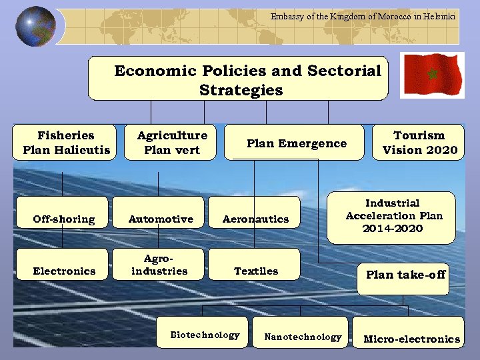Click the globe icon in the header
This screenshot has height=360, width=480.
coord(35,27)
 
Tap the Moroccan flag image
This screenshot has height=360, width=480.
coord(431,74)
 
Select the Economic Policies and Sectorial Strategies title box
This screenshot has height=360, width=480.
coord(238,79)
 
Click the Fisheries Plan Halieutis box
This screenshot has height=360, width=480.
coord(65,143)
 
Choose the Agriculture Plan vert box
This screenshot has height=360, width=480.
coord(172,143)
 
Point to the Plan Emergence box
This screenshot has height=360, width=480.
coord(295,143)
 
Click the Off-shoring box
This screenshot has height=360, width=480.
coord(63,219)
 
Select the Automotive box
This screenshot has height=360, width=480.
coord(160,219)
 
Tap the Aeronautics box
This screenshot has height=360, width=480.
coord(255,219)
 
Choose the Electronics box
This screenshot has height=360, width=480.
coord(63,271)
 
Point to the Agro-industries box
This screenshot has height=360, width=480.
coord(159,265)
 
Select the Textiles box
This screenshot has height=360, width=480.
coord(255,271)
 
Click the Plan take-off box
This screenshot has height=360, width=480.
coord(405,275)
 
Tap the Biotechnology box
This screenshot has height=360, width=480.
coord(205,335)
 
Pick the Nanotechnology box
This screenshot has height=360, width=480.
coord(302,337)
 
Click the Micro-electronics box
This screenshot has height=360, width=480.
coord(411,339)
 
